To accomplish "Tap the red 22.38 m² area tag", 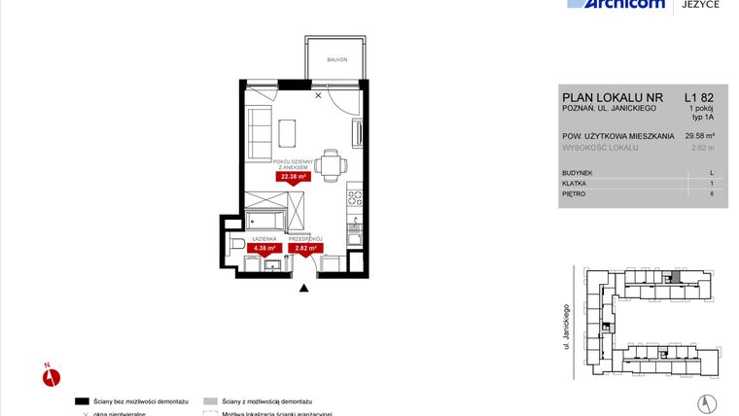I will click(293, 177).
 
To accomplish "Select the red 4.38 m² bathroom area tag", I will click(264, 247).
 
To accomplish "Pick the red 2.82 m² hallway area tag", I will click(305, 247).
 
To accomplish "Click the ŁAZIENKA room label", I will click(264, 238).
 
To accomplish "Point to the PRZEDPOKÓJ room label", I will click(305, 238).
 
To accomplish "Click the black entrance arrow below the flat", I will click(305, 287).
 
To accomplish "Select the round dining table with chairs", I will click(330, 163).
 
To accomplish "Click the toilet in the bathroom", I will click(238, 244).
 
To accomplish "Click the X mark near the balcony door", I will click(318, 95).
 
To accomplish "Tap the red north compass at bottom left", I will click(53, 375).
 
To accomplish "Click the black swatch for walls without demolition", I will click(83, 400).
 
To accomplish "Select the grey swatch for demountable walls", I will click(209, 400).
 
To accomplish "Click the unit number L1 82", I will click(698, 96).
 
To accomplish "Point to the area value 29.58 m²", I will click(698, 136).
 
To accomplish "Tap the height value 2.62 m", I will click(701, 148).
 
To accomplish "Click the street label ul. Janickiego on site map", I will click(565, 326).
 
